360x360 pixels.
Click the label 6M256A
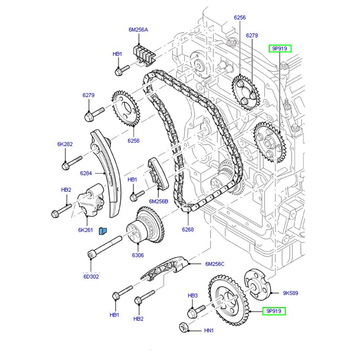click(x=138, y=30)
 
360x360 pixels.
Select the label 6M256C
click(x=215, y=264)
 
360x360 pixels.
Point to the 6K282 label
click(x=65, y=144)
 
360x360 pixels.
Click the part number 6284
click(x=86, y=173)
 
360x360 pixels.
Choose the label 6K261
click(x=85, y=230)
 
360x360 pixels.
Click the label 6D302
click(x=91, y=276)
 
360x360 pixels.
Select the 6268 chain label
click(x=188, y=229)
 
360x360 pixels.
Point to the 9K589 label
click(x=291, y=293)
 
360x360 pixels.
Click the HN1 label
click(x=209, y=331)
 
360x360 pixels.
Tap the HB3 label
click(x=193, y=295)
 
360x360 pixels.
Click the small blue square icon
click(x=102, y=231)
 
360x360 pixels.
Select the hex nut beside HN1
click(x=184, y=327)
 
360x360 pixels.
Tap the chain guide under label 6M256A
click(x=144, y=53)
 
